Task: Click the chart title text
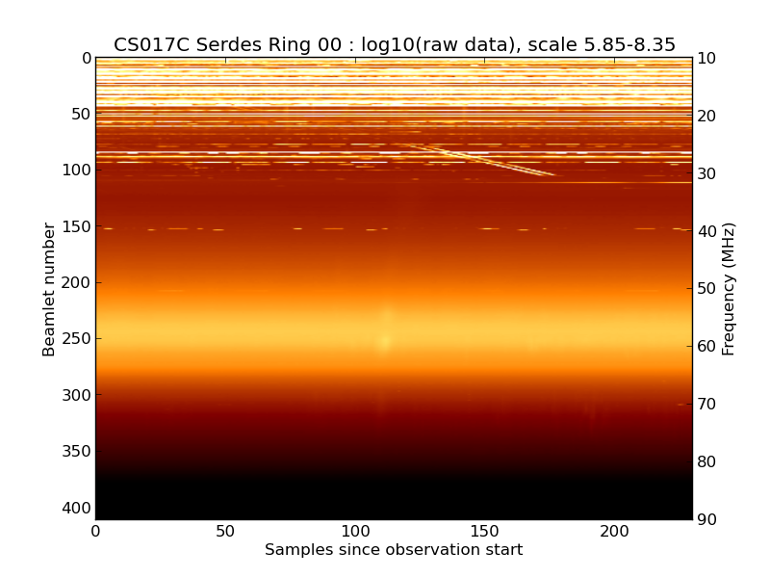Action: point(394,45)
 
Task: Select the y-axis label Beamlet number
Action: point(49,289)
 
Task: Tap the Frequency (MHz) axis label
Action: point(729,289)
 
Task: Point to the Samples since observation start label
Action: point(394,550)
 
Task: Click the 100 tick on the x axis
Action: point(355,531)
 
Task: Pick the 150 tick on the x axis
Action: point(485,531)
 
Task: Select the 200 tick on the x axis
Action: point(614,531)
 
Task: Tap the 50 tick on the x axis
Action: point(225,531)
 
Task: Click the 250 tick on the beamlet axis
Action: point(79,339)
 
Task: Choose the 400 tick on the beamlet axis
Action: point(79,508)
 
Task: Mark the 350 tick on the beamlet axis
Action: point(79,452)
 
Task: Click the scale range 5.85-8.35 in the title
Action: point(626,45)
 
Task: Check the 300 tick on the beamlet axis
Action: point(79,395)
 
